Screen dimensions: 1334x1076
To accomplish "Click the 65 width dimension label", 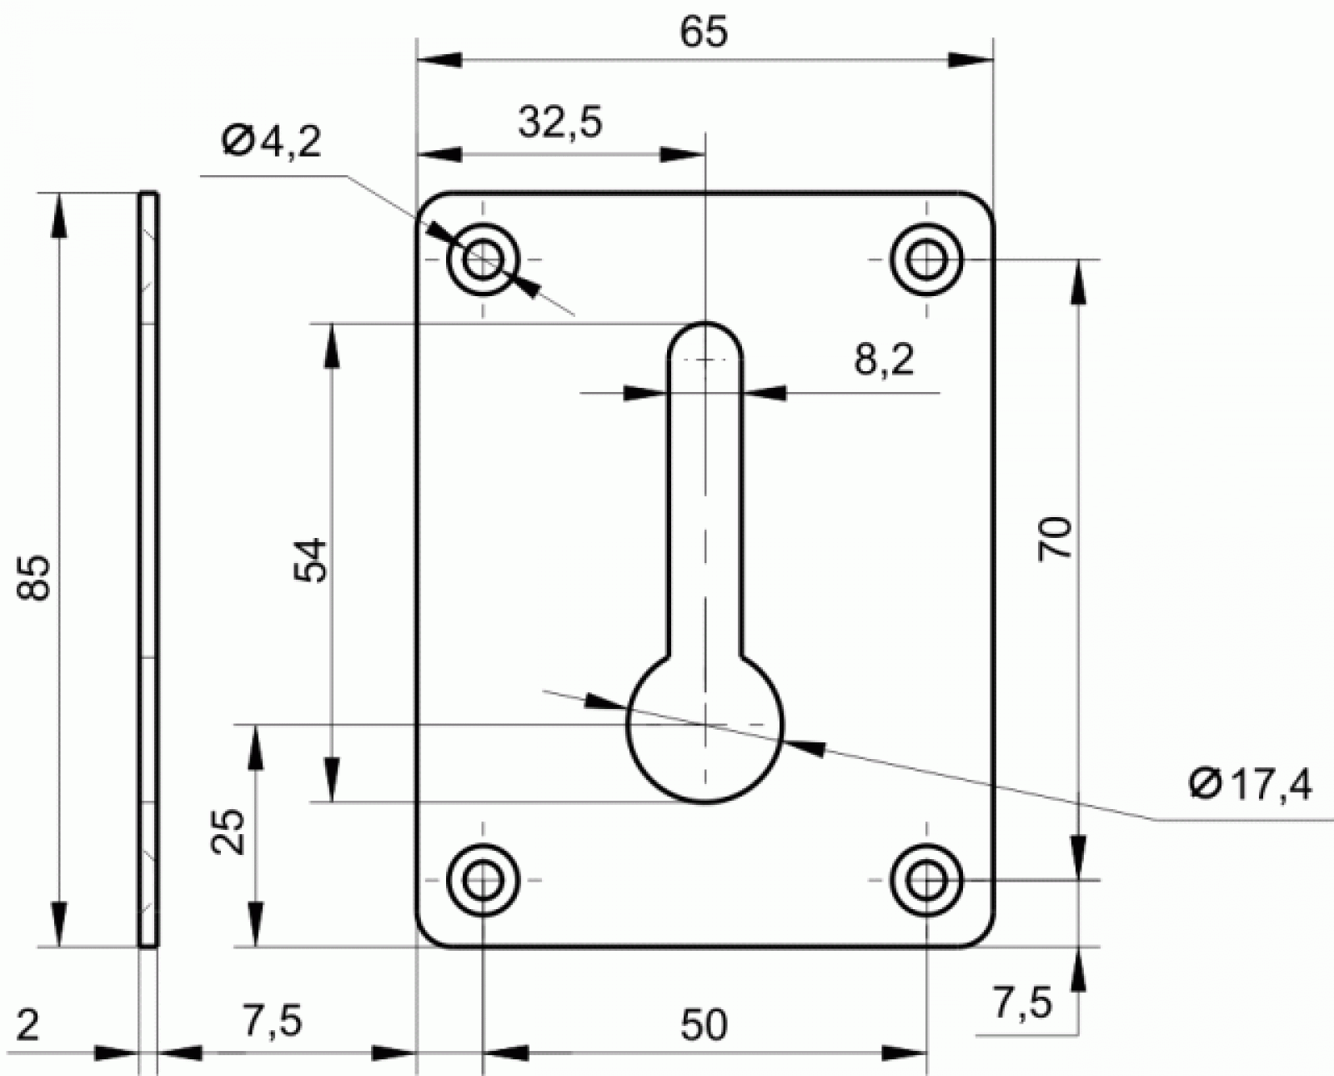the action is (704, 33).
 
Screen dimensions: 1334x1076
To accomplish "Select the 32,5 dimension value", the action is (560, 122).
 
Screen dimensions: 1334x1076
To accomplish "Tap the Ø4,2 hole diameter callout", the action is (272, 143).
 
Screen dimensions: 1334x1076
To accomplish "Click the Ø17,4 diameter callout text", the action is (1251, 785).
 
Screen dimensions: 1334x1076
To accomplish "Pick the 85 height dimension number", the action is (33, 577).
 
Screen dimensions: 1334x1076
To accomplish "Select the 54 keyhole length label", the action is (310, 561).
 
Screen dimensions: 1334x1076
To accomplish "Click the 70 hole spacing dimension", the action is (1055, 539).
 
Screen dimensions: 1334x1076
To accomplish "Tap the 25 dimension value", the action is (228, 832).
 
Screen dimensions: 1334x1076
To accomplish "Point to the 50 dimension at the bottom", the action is (704, 1024).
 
